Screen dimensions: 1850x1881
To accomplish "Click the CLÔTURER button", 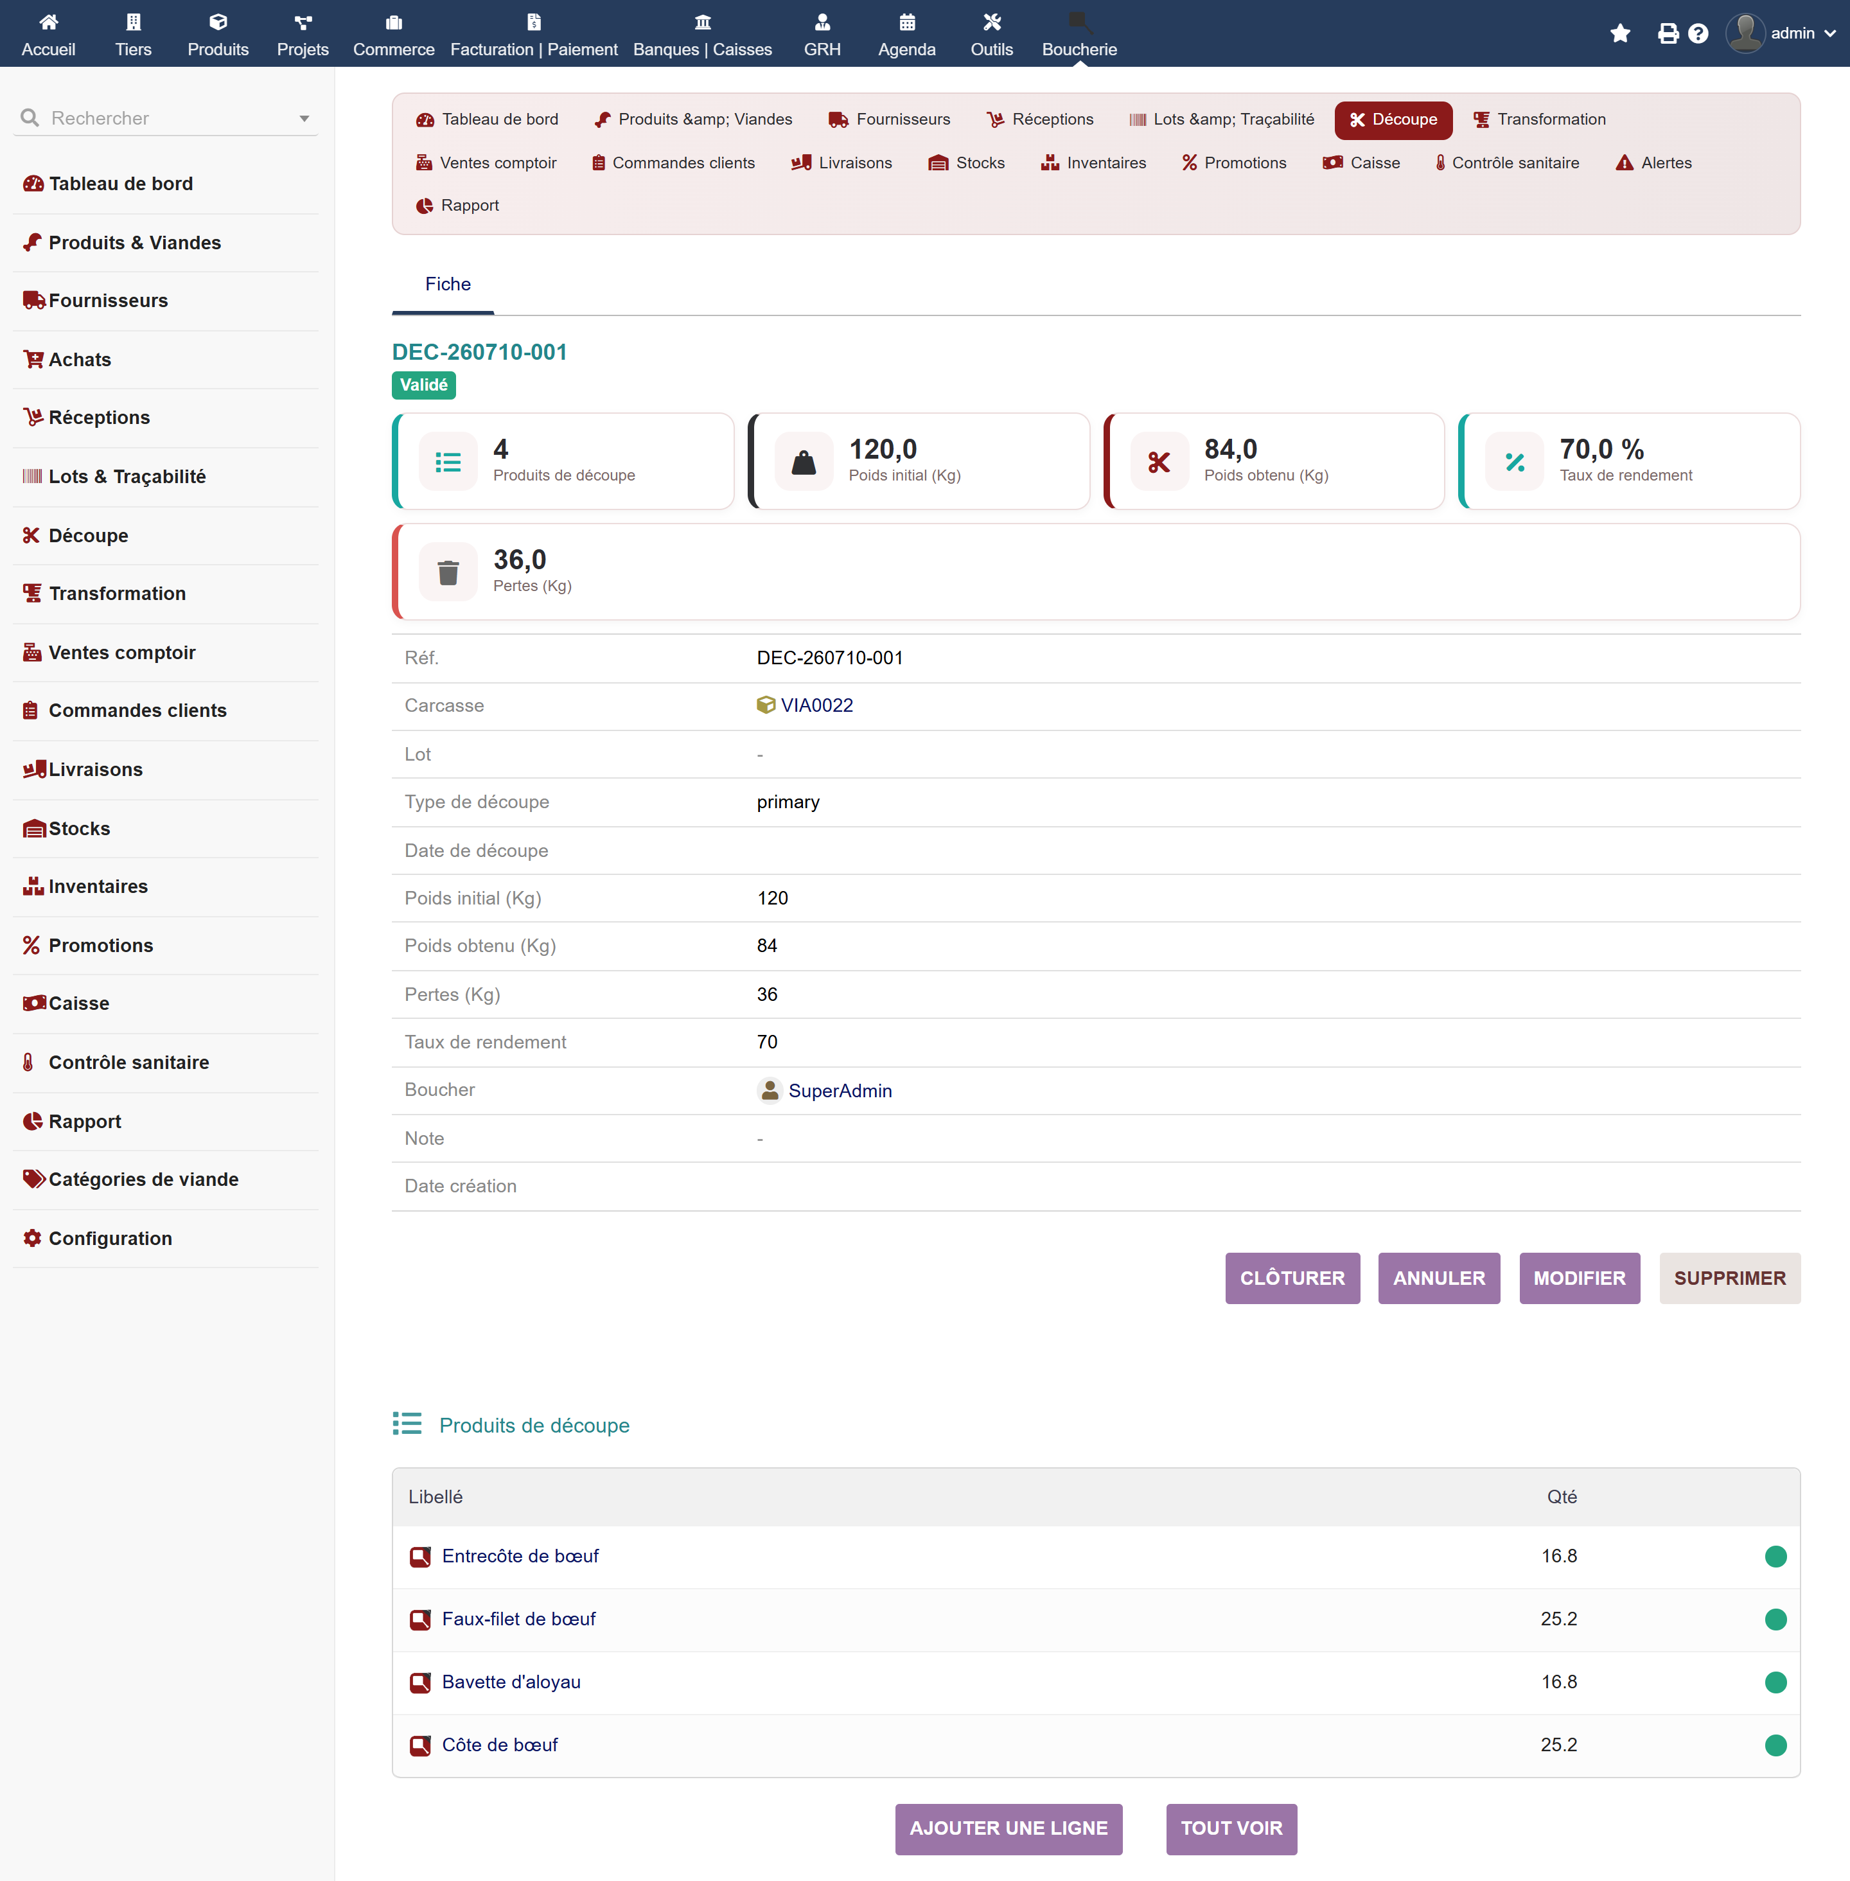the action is click(1292, 1278).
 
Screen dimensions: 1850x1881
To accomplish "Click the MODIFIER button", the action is click(1579, 1278).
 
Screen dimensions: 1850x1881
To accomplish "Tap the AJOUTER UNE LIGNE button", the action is click(1009, 1828).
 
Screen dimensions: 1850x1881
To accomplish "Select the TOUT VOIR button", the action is click(1231, 1828).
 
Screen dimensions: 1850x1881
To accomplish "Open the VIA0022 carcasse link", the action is click(816, 705).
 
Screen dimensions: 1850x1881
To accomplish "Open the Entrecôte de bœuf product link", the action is click(520, 1555).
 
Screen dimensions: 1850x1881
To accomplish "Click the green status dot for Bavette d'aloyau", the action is click(1775, 1682).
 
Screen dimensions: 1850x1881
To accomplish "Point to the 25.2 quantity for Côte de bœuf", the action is click(1558, 1744).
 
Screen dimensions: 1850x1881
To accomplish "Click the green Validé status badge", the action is click(423, 385).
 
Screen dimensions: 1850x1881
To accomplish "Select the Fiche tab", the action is click(448, 284).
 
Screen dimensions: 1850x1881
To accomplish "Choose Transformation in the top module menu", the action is click(1539, 119).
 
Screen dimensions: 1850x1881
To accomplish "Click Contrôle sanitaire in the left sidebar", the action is click(128, 1062).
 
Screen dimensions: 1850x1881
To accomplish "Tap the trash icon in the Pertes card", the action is click(448, 572).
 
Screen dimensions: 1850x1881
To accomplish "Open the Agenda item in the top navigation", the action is click(906, 34).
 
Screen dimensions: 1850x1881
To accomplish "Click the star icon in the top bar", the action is click(1620, 34).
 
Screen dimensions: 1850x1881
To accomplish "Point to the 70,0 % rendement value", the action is click(1601, 449).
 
